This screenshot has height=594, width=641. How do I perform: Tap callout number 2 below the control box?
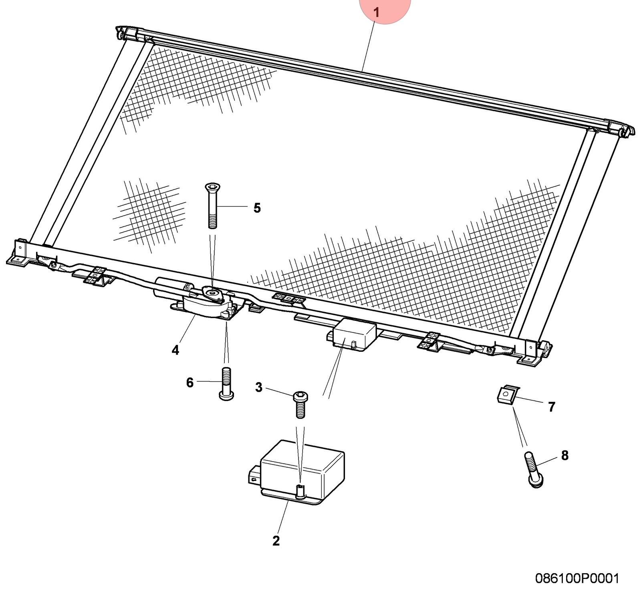(x=276, y=541)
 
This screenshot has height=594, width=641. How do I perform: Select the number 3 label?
(x=259, y=387)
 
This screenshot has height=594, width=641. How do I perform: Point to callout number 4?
(x=175, y=350)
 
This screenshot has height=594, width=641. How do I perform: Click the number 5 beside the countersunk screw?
(x=257, y=208)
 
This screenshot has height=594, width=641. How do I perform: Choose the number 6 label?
(x=190, y=383)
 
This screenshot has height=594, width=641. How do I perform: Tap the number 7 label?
(x=552, y=407)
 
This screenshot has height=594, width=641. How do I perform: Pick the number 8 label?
(x=565, y=455)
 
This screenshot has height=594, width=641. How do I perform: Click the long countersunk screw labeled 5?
(x=212, y=205)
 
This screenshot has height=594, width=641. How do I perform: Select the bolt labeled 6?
(x=226, y=383)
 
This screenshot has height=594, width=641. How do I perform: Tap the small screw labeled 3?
(x=300, y=404)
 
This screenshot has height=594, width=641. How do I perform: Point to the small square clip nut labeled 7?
(x=507, y=395)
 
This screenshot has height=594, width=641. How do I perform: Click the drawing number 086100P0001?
(x=577, y=578)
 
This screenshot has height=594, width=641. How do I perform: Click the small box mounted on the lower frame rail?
(x=353, y=334)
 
